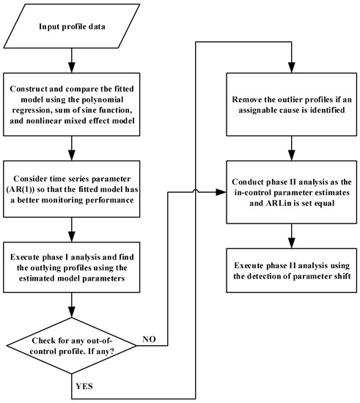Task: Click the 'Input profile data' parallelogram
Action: (71, 26)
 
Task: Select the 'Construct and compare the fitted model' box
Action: (71, 104)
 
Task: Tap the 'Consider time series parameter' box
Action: (71, 189)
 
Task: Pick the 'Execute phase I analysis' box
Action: (71, 267)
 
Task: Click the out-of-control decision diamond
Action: (71, 346)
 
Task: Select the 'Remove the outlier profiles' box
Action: (292, 104)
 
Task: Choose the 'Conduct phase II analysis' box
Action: (292, 192)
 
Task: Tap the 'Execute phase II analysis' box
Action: (292, 270)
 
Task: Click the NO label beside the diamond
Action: (149, 339)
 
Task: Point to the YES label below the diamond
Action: (84, 386)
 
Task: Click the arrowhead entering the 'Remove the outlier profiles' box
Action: (292, 67)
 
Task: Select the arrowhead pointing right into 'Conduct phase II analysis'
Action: (221, 192)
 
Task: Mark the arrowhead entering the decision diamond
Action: (71, 312)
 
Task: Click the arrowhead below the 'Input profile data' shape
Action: (71, 67)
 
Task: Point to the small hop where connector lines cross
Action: (196, 191)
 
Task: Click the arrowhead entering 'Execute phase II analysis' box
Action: (292, 243)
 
